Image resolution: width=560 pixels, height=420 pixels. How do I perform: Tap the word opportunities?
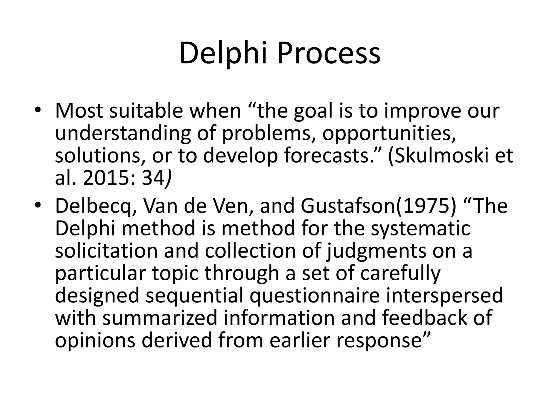coord(389,134)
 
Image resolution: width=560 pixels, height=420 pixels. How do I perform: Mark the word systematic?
coord(420,229)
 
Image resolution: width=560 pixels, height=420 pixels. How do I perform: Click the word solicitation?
coord(106,251)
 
